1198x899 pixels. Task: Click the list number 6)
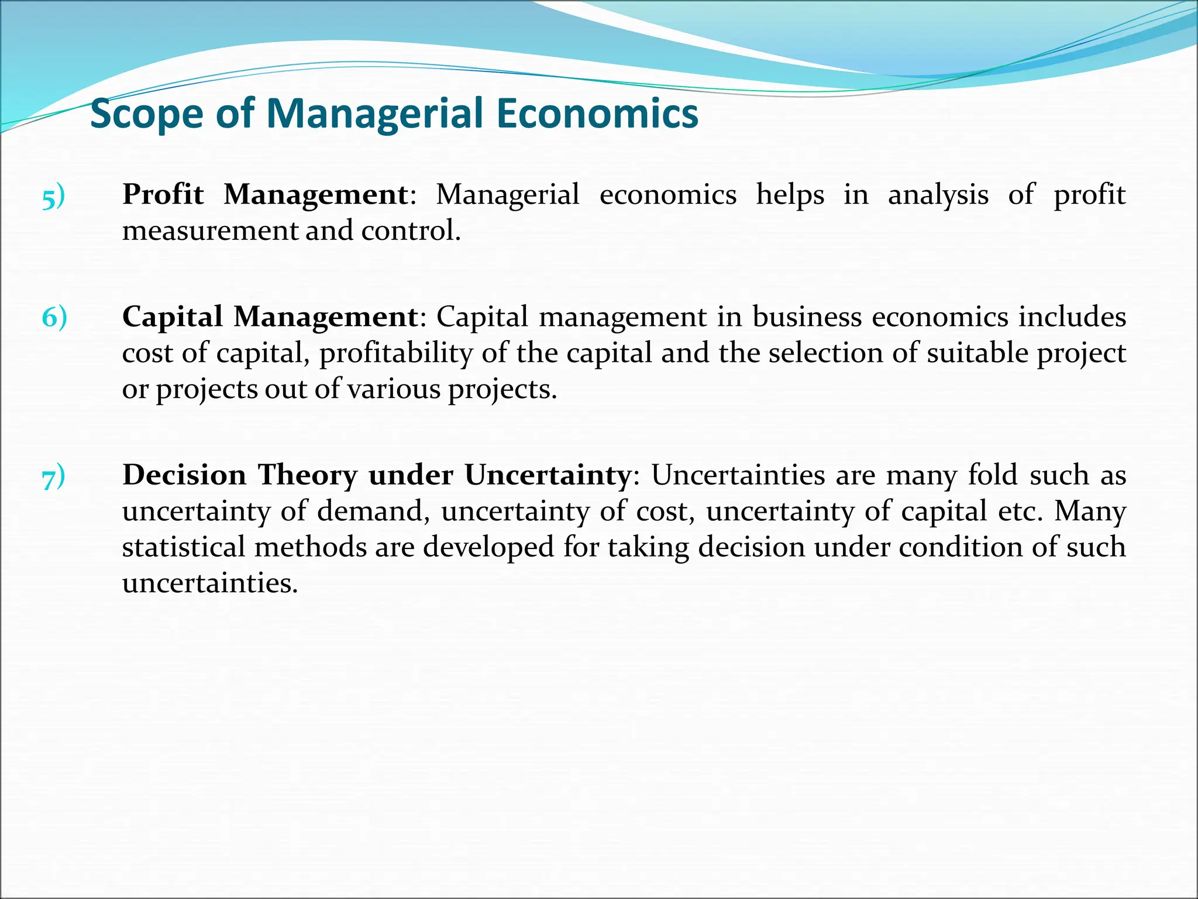54,317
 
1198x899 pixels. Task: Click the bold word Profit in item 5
163,194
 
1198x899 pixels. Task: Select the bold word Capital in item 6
173,317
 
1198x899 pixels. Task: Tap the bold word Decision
184,475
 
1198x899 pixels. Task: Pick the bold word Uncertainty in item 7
548,476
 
